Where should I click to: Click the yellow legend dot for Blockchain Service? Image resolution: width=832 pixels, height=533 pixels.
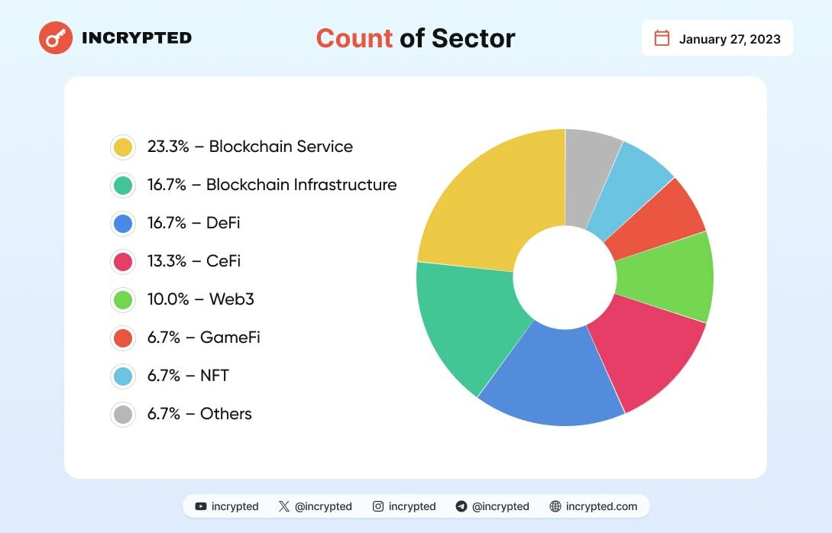pos(122,147)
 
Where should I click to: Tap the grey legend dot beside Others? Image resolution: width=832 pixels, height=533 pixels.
pos(122,414)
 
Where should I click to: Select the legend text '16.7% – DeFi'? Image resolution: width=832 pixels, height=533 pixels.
pos(194,223)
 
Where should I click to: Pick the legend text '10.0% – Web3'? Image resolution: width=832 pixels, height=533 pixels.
pos(200,299)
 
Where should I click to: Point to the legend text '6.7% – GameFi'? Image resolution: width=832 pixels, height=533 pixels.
pos(204,338)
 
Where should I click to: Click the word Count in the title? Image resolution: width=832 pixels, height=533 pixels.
pos(354,38)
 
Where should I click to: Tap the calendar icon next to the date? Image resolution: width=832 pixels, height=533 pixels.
pos(662,38)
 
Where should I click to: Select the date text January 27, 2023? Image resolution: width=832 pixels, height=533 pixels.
pos(730,39)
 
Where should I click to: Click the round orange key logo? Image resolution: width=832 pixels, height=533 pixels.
pos(56,37)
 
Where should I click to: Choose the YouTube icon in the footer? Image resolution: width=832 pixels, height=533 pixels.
pos(201,506)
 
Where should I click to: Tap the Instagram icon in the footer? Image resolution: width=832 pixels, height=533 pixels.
pos(378,506)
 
